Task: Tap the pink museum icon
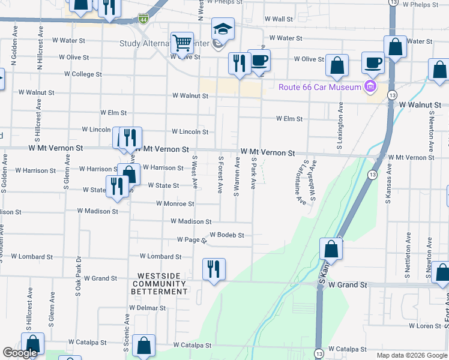click(370, 87)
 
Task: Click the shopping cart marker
click(182, 44)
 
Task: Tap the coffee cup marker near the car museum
click(373, 64)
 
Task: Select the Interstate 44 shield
click(142, 20)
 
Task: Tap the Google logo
click(20, 353)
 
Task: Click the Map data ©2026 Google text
click(411, 355)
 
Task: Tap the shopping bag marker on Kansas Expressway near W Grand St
click(331, 248)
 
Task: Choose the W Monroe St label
click(175, 203)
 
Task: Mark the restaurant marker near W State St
click(117, 187)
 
